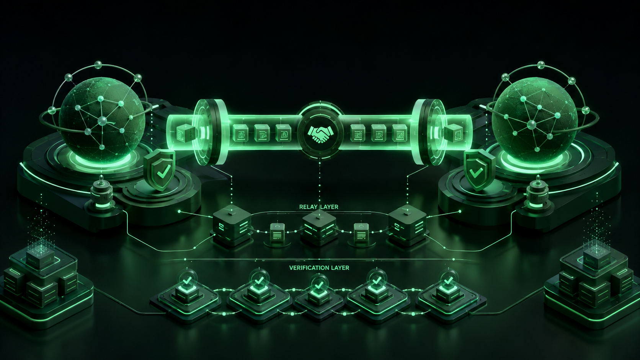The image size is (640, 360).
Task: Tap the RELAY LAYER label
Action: coord(318,207)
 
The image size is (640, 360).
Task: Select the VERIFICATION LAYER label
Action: coord(319,268)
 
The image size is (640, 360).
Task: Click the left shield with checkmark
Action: coord(160,170)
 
